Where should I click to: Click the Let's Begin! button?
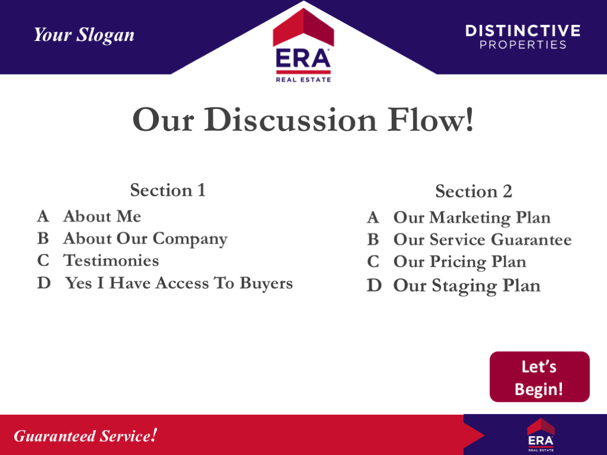(x=539, y=377)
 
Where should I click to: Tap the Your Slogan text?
(x=84, y=35)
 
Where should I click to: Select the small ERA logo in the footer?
(x=540, y=435)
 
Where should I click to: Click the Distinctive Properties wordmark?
(x=522, y=37)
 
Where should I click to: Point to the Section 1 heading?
(x=168, y=190)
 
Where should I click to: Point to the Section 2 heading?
(x=473, y=191)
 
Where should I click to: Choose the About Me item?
(x=102, y=216)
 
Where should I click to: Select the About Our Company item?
(x=145, y=239)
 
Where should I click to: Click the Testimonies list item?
(x=111, y=261)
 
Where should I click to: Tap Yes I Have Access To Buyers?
(x=178, y=283)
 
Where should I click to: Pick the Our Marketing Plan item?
(x=472, y=218)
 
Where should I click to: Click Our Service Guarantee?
(x=482, y=240)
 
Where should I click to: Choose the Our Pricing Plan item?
(x=459, y=262)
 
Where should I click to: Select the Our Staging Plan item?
(x=467, y=286)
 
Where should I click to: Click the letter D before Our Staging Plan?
(x=373, y=286)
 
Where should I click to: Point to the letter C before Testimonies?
(x=43, y=261)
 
